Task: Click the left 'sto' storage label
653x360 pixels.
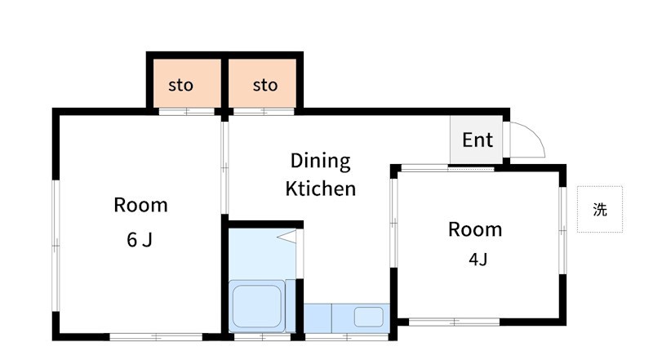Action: [180, 85]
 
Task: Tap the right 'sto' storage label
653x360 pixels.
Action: [265, 85]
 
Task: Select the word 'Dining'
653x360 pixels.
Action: [321, 162]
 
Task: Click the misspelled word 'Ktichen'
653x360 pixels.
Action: [321, 189]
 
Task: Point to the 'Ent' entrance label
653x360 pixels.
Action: [478, 140]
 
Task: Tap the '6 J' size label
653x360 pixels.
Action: [140, 239]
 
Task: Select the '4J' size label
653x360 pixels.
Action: [478, 260]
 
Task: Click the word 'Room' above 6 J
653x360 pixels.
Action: [140, 205]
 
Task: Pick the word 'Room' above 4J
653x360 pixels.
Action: [475, 229]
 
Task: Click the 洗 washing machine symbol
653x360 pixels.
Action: [600, 209]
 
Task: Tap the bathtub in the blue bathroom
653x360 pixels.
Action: [256, 306]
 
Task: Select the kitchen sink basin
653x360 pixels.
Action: [369, 317]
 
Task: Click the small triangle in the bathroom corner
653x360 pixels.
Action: [288, 236]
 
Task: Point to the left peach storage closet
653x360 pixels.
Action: [188, 83]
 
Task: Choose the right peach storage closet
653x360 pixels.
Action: [262, 83]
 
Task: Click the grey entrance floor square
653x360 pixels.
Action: [477, 140]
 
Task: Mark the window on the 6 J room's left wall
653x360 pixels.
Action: [56, 246]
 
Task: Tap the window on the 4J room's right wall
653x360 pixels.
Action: [562, 230]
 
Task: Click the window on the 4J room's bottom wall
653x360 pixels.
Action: [455, 322]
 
